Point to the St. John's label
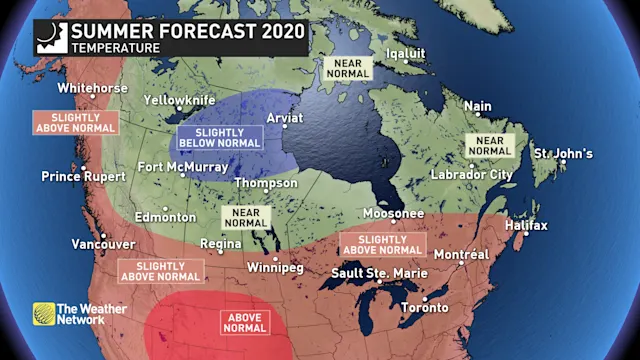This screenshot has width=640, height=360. click(562, 154)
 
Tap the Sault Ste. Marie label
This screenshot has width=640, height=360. click(379, 273)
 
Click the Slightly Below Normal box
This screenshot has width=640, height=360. click(219, 138)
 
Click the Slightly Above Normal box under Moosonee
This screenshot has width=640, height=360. click(382, 243)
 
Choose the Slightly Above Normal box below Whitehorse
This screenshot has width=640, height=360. click(76, 122)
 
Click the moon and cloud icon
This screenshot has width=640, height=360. click(49, 34)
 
